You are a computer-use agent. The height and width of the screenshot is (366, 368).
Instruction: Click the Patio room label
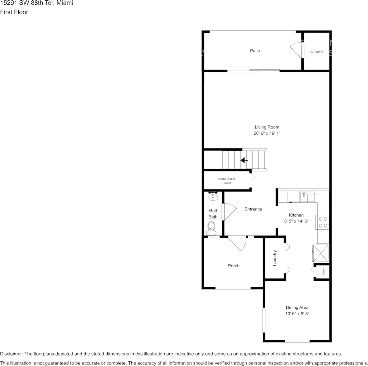tap(255, 51)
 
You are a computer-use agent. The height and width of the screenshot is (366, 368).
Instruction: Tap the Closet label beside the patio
tap(316, 51)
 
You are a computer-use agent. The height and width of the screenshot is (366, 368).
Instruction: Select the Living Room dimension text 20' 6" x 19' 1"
tap(267, 133)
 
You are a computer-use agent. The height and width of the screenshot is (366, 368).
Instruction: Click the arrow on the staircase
tap(244, 160)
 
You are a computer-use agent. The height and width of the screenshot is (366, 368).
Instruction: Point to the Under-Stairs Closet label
tap(227, 181)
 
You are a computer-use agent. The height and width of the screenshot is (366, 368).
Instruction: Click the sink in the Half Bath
tap(213, 196)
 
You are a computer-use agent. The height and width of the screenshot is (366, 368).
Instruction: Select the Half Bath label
tap(213, 214)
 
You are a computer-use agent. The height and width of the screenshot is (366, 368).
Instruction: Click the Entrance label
tap(253, 209)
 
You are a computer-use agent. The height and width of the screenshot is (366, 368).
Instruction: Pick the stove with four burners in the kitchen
tap(323, 222)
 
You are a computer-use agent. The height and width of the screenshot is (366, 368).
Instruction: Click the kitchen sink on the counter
tap(309, 196)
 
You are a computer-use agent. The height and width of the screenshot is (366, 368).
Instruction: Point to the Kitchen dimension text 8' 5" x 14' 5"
tap(296, 222)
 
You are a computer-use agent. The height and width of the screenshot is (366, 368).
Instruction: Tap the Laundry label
tap(275, 258)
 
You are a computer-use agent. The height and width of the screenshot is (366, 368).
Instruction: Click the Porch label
tap(234, 266)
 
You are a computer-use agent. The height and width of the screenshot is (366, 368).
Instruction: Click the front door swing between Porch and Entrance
tap(237, 243)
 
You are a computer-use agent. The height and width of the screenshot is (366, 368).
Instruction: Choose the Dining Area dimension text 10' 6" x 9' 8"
tap(297, 314)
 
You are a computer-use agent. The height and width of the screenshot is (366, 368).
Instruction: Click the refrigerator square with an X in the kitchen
tap(321, 253)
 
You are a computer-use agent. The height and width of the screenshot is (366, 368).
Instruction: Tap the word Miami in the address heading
tap(65, 3)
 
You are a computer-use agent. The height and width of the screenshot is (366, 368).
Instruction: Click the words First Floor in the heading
tap(14, 12)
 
